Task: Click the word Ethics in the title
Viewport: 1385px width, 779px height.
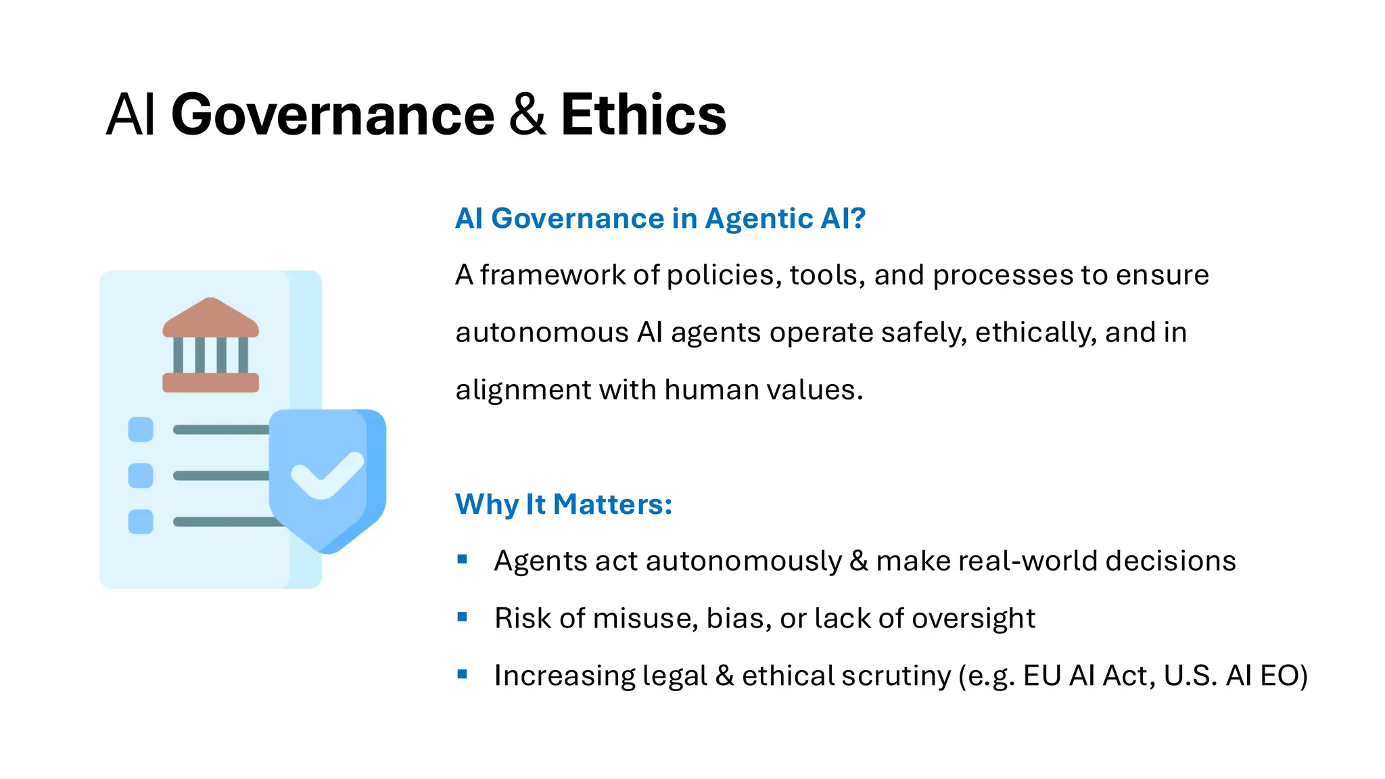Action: [x=643, y=115]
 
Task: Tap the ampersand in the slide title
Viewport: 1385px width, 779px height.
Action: [x=527, y=115]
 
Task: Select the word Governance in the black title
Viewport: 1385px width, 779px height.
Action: [x=333, y=115]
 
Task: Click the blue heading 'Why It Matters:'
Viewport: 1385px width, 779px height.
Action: [x=563, y=504]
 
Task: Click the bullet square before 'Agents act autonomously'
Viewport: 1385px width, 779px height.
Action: [x=463, y=559]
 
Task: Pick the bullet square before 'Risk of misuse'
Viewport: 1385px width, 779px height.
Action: [x=463, y=617]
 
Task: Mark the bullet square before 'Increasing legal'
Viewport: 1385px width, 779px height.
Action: [x=463, y=674]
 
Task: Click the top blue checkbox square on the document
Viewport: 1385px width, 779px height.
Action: [x=141, y=429]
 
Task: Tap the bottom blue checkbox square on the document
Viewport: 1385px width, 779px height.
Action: [x=141, y=521]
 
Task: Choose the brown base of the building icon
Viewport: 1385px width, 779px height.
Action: [x=210, y=383]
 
